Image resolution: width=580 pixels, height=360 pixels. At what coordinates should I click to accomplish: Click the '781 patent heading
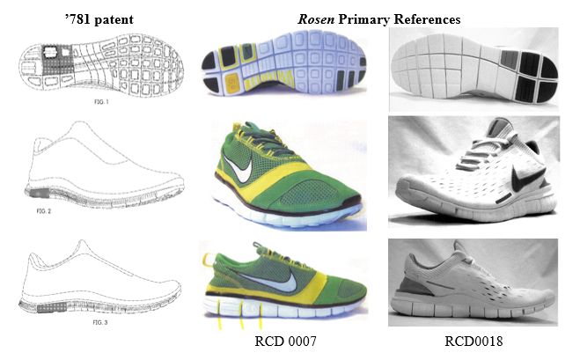click(x=99, y=19)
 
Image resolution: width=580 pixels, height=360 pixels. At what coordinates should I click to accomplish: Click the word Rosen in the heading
click(x=316, y=18)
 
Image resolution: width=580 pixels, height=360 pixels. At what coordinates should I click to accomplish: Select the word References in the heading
click(x=427, y=18)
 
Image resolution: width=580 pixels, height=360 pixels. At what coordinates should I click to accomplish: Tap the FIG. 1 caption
click(x=101, y=102)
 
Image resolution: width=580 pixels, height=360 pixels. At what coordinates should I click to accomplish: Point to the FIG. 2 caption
click(x=44, y=211)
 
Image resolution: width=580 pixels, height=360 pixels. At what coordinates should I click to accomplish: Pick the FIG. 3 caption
click(x=99, y=322)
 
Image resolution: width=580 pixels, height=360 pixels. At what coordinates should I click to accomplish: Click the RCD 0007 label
click(x=285, y=341)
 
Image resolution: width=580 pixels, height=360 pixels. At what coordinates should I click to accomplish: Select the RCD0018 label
click(x=474, y=341)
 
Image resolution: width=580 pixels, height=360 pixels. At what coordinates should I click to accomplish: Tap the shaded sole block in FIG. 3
click(x=52, y=307)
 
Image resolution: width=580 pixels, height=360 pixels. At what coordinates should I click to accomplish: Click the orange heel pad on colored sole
click(x=232, y=81)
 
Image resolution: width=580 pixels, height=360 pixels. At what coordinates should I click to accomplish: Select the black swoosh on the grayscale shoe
click(x=526, y=178)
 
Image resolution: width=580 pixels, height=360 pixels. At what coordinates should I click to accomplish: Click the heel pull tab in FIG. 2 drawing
click(x=43, y=144)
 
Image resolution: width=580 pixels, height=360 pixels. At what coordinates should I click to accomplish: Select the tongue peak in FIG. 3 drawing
click(x=82, y=246)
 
